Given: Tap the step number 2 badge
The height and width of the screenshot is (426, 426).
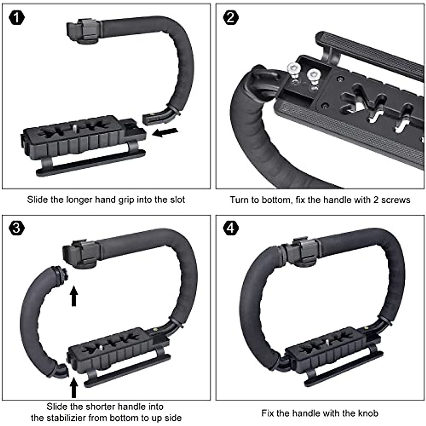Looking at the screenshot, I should pos(231,17).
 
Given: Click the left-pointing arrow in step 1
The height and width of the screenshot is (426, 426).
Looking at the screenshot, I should pos(165,133).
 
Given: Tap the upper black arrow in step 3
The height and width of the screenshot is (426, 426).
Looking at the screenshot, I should pos(73,296).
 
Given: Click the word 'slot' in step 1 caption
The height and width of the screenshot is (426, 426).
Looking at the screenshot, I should pos(176,200).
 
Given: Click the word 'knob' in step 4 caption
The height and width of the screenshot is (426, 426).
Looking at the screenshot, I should pos(368,413).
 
